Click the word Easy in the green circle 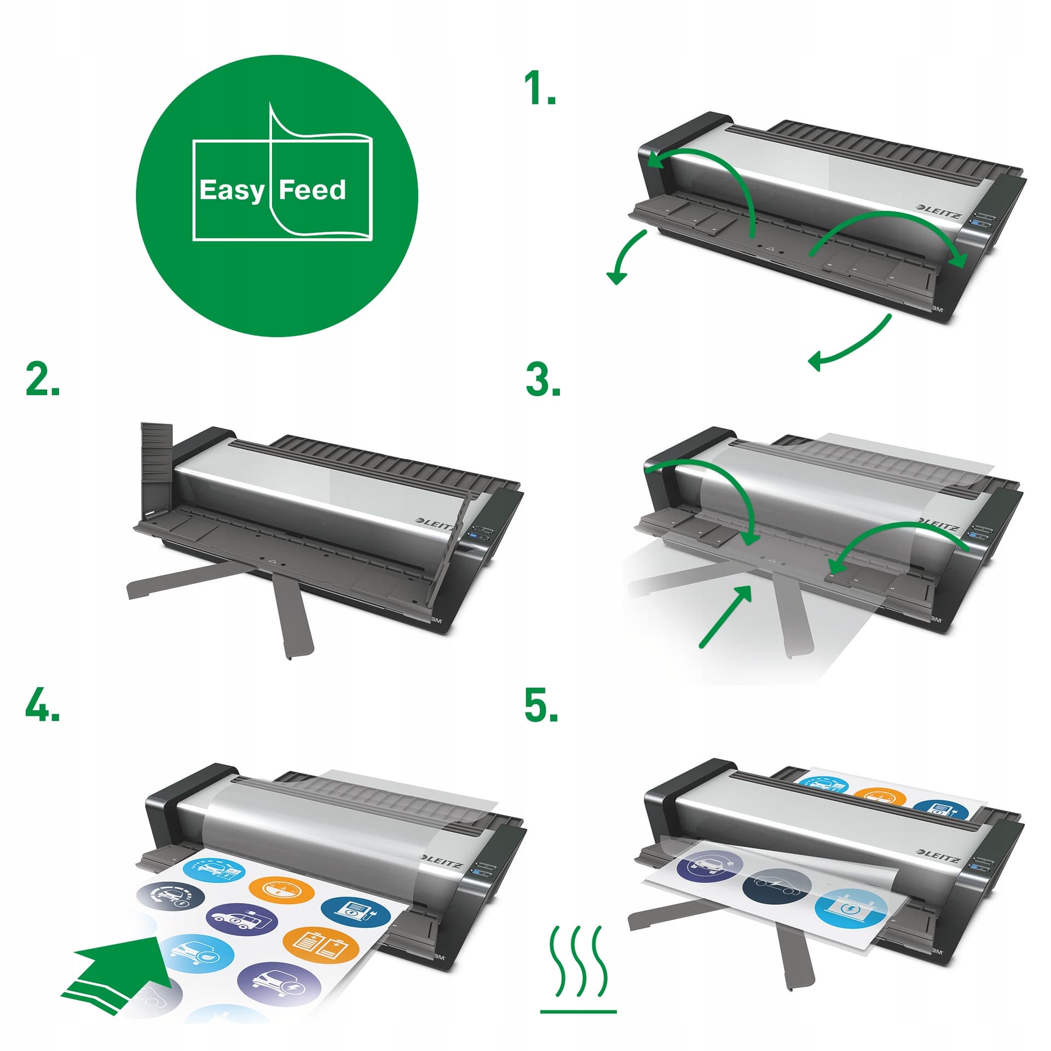pos(232,191)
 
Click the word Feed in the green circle pos(313,189)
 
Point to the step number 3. pos(543,380)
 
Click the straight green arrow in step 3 pos(726,616)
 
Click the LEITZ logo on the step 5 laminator pos(939,856)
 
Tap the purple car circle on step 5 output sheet pos(710,867)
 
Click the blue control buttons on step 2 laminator pos(480,534)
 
